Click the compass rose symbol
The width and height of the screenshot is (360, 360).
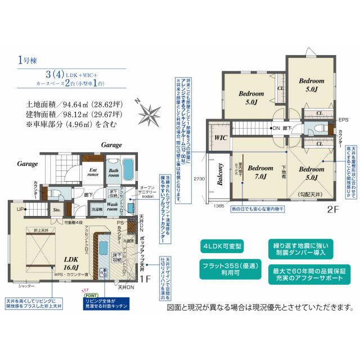(x=150, y=112)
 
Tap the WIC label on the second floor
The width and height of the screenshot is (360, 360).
(x=220, y=136)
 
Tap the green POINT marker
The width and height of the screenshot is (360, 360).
(x=89, y=294)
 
